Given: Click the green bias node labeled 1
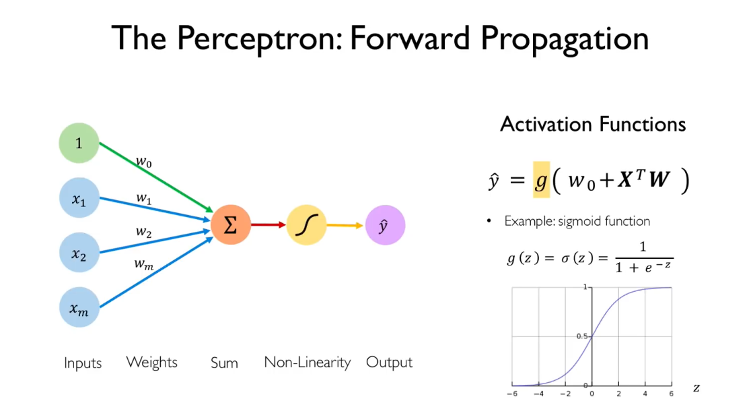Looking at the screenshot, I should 79,144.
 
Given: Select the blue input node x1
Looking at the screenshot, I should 79,199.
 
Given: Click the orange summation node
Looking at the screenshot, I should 230,224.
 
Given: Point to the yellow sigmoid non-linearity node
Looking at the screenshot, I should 307,224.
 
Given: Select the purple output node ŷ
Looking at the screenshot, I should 385,224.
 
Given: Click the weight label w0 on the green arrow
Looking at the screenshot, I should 144,162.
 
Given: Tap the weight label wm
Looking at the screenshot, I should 143,264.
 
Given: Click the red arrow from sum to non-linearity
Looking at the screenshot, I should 268,224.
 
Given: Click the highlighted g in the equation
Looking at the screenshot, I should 541,181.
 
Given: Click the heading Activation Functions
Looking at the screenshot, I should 593,124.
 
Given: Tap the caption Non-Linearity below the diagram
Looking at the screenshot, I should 307,363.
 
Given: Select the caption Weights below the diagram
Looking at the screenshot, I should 152,363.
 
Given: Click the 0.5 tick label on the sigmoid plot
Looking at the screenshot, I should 583,337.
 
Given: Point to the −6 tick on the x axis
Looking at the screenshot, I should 513,393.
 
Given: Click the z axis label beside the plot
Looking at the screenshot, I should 696,388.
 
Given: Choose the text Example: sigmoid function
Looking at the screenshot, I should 577,221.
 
